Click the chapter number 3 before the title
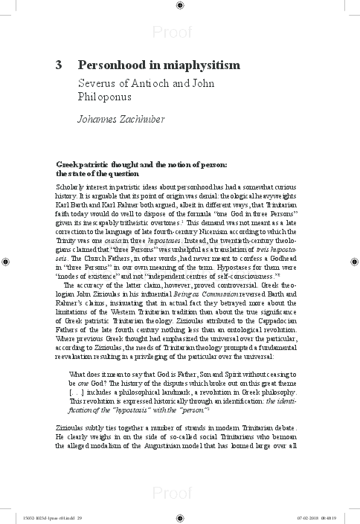[x=59, y=65]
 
